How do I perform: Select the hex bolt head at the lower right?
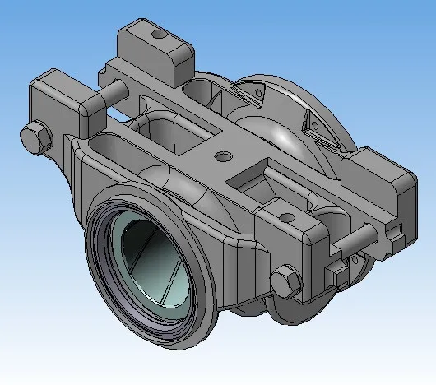(x=284, y=282)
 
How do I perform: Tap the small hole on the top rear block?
(x=159, y=34)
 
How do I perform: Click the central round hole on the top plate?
(x=220, y=155)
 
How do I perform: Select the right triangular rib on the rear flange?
(x=313, y=123)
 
